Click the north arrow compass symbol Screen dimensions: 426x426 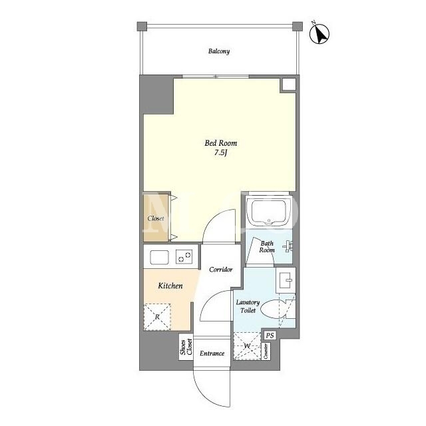coord(319,34)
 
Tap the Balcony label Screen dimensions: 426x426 coord(219,51)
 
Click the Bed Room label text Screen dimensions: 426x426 coord(220,143)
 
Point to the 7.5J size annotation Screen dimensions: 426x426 coord(220,152)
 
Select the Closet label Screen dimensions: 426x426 coord(156,218)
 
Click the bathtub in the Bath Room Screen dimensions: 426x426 coord(269,212)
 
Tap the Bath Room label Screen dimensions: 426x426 coord(267,247)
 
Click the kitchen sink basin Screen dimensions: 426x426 coord(159,257)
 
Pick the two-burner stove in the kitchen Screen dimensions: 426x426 coord(184,257)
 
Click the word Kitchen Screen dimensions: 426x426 coord(170,286)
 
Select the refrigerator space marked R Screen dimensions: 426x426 coord(157,317)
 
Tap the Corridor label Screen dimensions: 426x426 coord(221,270)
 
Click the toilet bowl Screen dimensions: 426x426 coord(274,309)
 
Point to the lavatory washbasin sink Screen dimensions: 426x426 coord(286,280)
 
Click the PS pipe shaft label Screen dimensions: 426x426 coord(270,335)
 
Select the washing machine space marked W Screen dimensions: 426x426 coord(247,346)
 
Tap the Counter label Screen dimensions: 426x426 coord(266,351)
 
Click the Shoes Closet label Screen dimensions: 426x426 coord(186,347)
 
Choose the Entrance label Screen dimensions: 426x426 coord(212,353)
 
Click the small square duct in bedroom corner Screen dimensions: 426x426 coord(288,85)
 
